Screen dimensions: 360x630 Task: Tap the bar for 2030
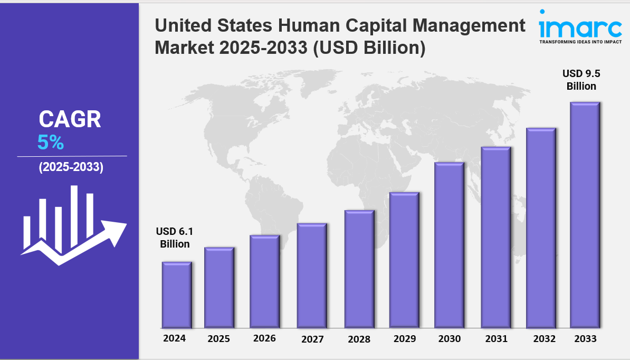tap(449, 245)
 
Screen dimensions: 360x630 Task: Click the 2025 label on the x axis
tap(218, 339)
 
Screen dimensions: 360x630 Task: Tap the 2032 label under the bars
tap(544, 339)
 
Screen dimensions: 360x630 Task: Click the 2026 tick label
tap(264, 338)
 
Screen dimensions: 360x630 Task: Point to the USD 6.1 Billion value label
tap(173, 238)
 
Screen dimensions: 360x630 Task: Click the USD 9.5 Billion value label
tap(581, 79)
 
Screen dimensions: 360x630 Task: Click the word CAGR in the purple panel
tap(70, 120)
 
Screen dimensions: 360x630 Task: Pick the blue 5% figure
tap(51, 142)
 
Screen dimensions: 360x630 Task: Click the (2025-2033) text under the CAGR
tap(71, 168)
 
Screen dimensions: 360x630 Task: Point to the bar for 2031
tap(496, 237)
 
